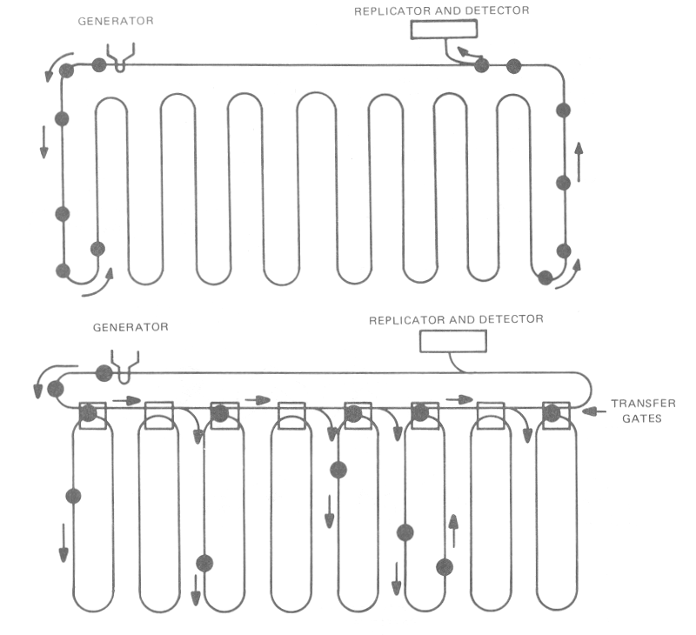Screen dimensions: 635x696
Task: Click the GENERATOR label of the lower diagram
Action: tap(130, 328)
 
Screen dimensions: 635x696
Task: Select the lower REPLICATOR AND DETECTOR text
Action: tap(457, 319)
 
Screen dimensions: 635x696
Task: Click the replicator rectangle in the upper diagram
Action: tap(444, 29)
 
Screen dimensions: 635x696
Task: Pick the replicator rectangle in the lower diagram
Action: tap(453, 341)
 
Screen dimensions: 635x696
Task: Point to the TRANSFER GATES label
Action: tap(642, 411)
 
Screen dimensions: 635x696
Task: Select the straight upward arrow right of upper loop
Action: tap(579, 161)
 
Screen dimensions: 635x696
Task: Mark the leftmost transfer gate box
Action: tap(92, 415)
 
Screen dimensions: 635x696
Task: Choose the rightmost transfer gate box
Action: tap(555, 415)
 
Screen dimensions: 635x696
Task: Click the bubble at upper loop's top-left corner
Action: tap(67, 70)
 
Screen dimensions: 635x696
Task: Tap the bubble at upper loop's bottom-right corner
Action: tap(545, 278)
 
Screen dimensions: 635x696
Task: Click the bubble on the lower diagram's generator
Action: tap(104, 373)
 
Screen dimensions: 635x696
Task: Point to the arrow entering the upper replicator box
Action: tap(467, 55)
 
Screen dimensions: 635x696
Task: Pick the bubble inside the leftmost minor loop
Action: tap(73, 496)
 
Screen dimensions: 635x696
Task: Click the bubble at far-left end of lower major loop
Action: tap(56, 388)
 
